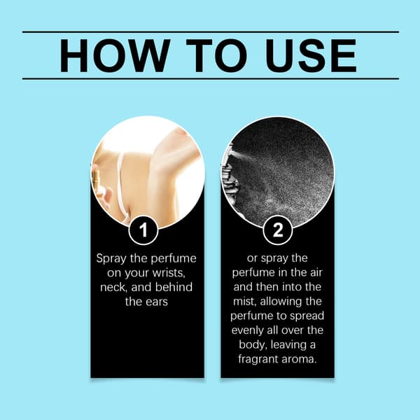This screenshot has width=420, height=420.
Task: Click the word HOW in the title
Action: tap(115, 55)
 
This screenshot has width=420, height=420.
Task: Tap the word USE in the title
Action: tap(311, 55)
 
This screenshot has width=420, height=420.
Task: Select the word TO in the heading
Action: tap(216, 55)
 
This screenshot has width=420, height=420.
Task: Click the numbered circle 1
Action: tap(143, 230)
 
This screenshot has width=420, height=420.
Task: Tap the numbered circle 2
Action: tap(277, 230)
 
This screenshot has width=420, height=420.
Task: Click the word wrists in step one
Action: tap(169, 273)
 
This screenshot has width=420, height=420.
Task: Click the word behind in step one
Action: tap(174, 287)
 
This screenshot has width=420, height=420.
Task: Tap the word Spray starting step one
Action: tap(111, 259)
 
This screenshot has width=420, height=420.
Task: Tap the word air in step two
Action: tap(316, 273)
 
